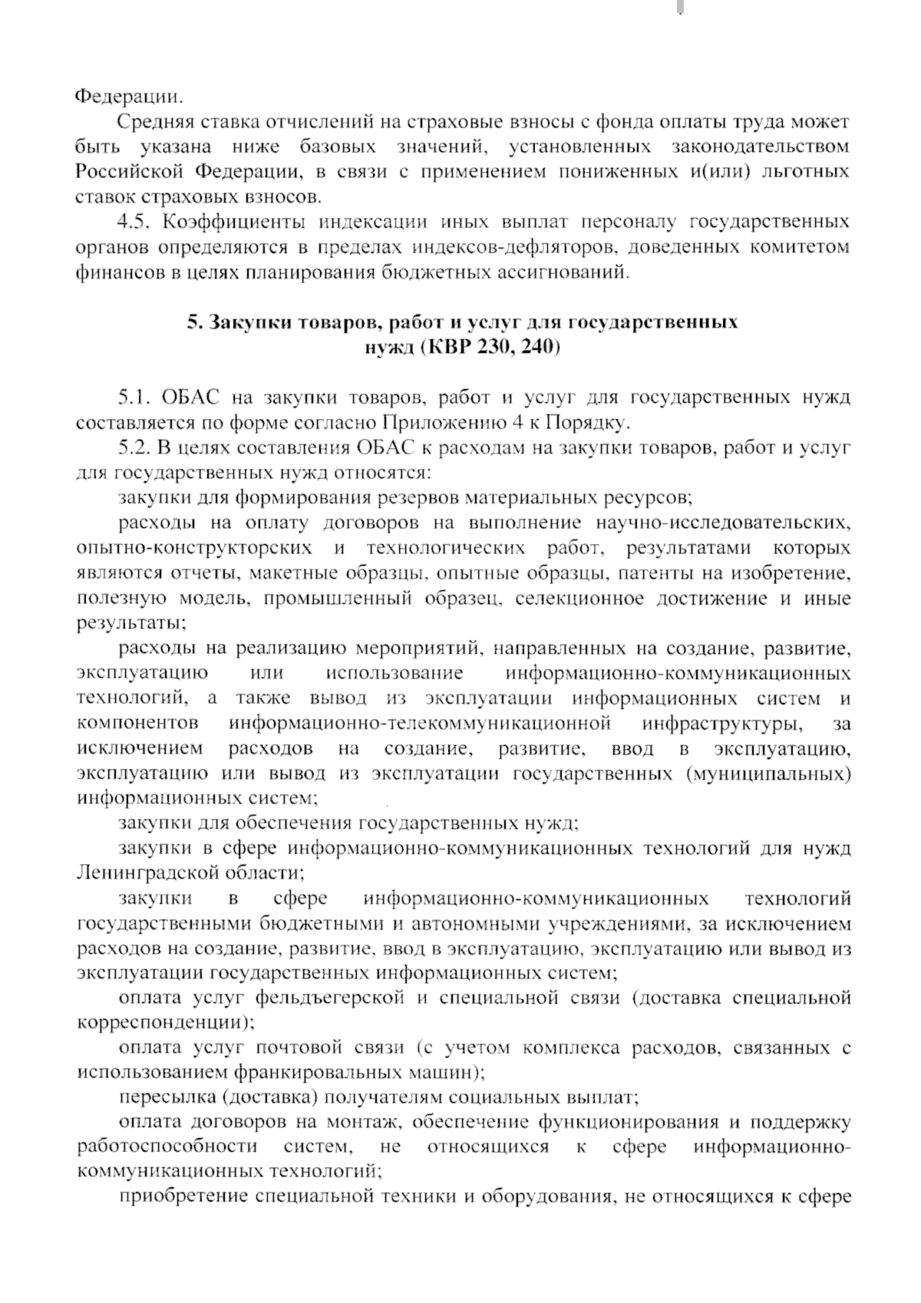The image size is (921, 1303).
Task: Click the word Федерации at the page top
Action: (130, 98)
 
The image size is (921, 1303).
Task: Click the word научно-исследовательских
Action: (723, 523)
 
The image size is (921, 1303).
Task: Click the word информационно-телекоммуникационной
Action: (420, 724)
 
